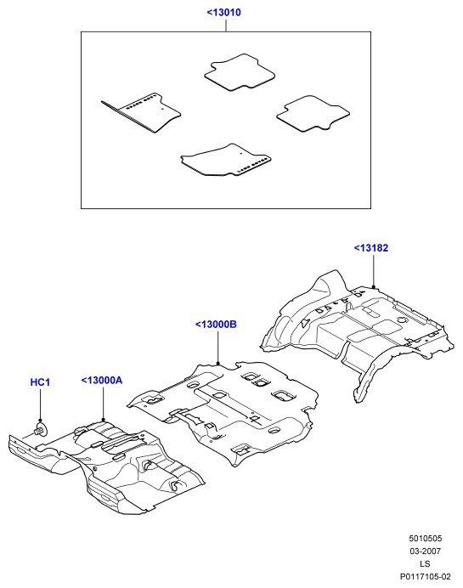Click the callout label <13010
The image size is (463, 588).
click(223, 13)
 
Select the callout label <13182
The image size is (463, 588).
click(371, 248)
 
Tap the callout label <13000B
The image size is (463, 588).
click(216, 325)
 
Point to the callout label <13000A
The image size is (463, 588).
click(102, 381)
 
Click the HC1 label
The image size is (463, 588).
click(40, 382)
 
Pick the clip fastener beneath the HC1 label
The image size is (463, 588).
click(41, 429)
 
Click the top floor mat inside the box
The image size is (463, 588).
click(240, 72)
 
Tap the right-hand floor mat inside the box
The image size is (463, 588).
click(313, 114)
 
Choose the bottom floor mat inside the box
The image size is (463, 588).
click(226, 160)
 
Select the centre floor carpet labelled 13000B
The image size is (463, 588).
click(223, 412)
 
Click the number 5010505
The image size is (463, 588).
click(425, 539)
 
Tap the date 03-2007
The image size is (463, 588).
click(425, 551)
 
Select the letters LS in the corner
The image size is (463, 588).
click(425, 564)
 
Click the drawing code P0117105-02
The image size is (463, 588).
click(425, 577)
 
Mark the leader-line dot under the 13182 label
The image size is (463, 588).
click(374, 287)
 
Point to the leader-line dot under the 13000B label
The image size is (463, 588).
click(218, 363)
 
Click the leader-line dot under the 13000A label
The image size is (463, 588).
click(104, 420)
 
